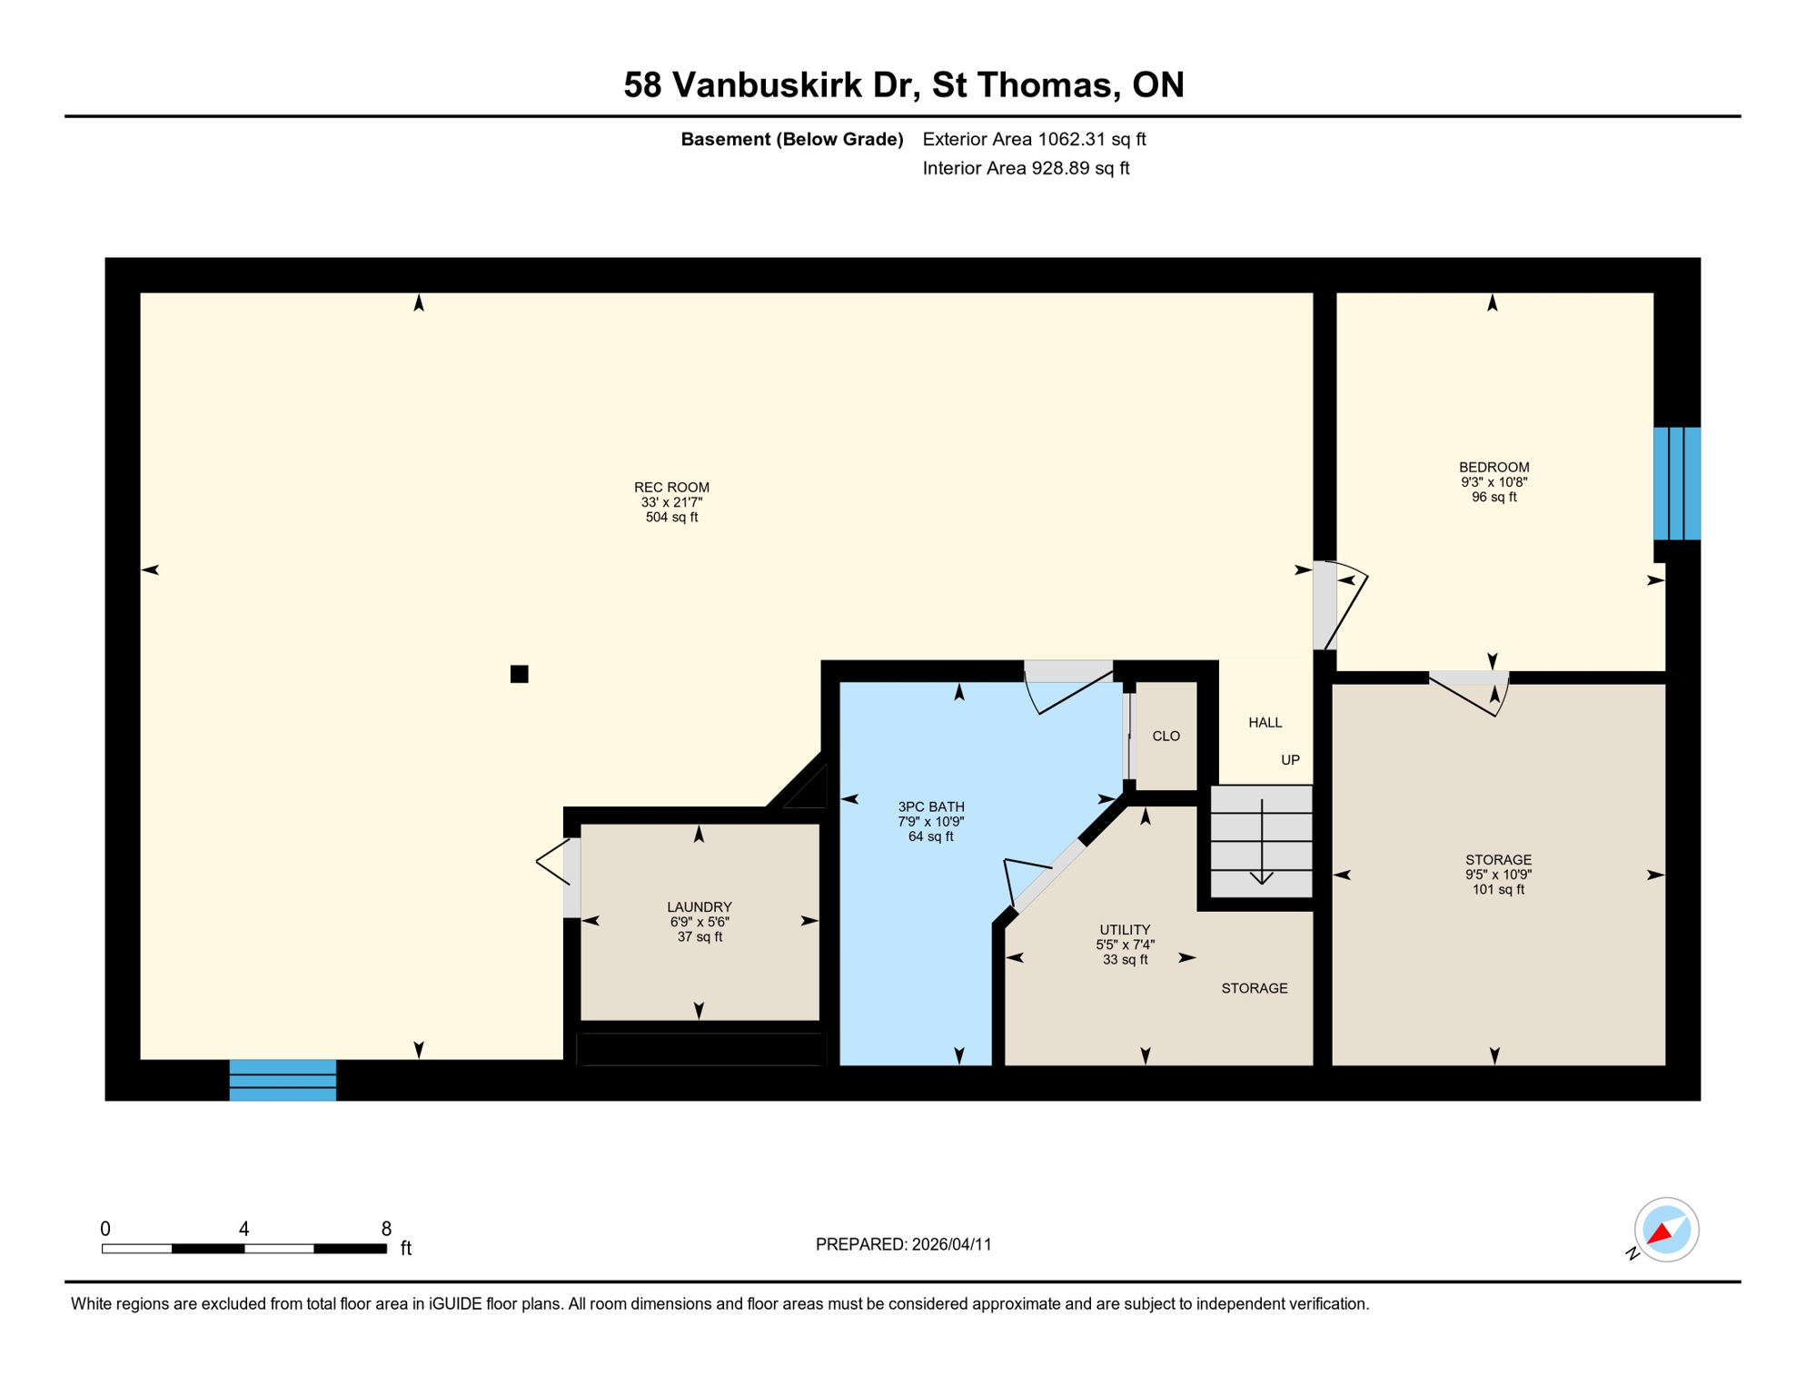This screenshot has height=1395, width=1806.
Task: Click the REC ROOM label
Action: [671, 488]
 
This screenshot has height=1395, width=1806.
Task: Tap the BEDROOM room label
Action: [1493, 468]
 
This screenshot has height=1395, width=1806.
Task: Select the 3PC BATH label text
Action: [930, 806]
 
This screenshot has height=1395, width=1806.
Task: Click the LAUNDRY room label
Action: [699, 906]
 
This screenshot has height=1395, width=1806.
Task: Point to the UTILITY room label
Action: [1125, 929]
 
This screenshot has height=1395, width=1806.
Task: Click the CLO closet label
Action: [1166, 736]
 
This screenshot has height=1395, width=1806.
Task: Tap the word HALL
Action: [1265, 722]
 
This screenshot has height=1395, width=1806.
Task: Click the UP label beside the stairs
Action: [1290, 760]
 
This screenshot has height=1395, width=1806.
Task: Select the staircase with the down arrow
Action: [1261, 841]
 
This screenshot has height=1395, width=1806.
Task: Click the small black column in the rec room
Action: [519, 674]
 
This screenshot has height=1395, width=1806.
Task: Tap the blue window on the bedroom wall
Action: [1676, 483]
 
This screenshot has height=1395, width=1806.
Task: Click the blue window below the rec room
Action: [283, 1080]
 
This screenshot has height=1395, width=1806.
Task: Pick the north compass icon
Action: [1665, 1230]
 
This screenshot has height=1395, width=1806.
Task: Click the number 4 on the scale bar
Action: [243, 1229]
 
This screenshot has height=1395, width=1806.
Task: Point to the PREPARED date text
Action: [903, 1244]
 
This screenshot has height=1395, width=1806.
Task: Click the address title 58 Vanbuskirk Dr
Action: [903, 84]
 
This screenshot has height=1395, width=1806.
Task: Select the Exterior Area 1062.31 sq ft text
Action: [1034, 139]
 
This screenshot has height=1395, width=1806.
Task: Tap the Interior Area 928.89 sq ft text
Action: [1026, 168]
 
